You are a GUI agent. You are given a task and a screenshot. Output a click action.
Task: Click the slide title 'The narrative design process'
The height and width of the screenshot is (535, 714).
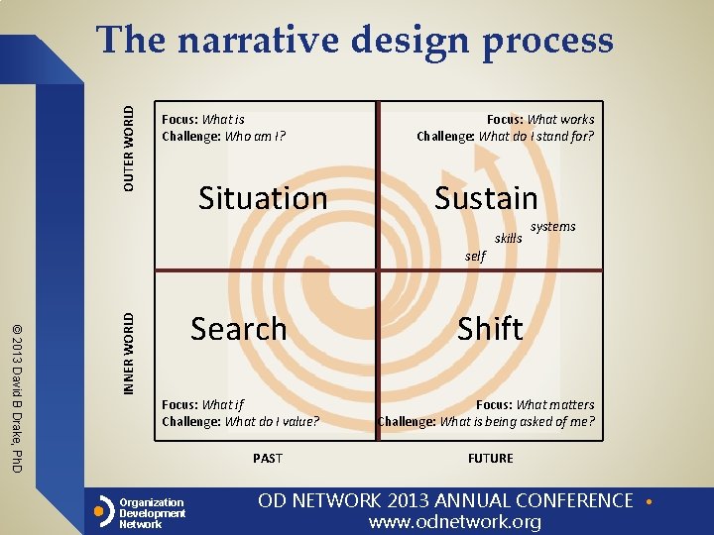355,41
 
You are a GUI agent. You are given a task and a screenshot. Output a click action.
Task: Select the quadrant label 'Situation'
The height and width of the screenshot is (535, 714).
263,198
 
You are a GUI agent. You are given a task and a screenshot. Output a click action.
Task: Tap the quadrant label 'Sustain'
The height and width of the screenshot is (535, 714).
486,198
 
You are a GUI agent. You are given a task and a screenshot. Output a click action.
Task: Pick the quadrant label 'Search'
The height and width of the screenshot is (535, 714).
239,329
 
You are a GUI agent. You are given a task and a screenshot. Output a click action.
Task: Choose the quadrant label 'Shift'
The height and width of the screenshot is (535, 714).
490,329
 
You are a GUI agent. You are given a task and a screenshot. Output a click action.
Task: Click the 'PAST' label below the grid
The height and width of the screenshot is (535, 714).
268,458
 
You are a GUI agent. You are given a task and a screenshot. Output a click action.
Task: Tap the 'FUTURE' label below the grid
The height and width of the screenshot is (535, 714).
491,458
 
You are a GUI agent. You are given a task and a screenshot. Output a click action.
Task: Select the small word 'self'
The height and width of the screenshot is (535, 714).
475,256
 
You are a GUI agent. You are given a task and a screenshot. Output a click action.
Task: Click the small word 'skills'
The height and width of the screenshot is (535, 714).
508,239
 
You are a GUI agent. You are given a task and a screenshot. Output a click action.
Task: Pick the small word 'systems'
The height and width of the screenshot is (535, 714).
552,227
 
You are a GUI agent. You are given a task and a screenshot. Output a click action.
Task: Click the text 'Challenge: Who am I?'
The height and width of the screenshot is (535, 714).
224,137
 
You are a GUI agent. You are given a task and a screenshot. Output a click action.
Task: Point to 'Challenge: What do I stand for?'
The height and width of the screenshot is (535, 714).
506,137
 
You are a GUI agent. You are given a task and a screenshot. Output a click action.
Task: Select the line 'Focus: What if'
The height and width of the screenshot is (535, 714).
202,404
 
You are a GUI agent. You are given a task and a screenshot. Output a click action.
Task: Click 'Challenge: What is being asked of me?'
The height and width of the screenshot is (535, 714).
487,422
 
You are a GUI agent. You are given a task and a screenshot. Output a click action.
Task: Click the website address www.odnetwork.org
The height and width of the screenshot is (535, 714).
455,522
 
